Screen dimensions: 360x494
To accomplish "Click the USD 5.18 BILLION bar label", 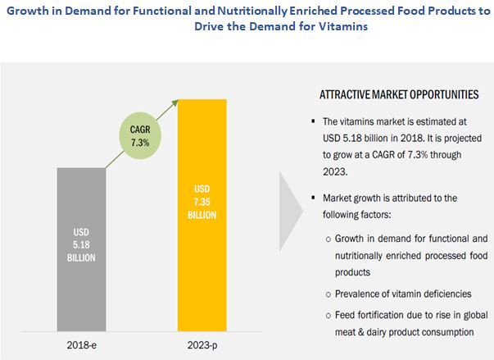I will pos(80,245).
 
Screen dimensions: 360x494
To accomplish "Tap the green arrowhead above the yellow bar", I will pos(177,100).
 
